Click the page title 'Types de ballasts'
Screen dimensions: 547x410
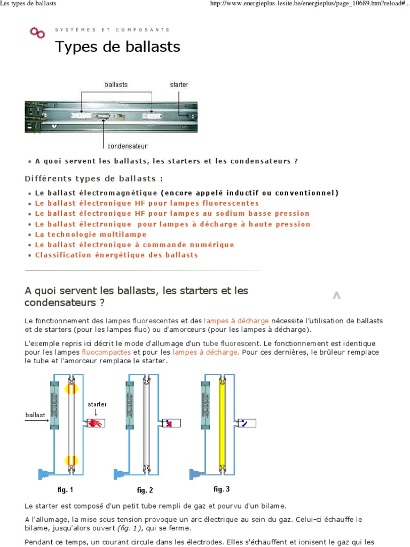tap(117, 47)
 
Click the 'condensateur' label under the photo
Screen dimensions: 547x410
tap(127, 145)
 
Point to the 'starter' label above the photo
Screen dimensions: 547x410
tap(178, 84)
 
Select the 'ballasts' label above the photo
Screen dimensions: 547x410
tap(116, 84)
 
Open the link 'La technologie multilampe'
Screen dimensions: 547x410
tap(91, 235)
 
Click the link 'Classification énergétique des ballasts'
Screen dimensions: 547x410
tap(116, 255)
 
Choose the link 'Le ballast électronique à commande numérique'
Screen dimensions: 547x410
tap(135, 245)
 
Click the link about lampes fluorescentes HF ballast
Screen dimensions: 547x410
tap(147, 204)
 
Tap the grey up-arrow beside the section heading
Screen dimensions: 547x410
tap(336, 295)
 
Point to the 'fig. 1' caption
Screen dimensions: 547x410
tap(65, 489)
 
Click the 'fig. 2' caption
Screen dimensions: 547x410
tap(145, 490)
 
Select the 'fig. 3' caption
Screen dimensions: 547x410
tap(222, 489)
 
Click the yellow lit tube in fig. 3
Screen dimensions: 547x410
tap(223, 422)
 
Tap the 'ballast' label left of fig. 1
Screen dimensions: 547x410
tap(35, 414)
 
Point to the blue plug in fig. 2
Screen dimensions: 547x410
tap(119, 473)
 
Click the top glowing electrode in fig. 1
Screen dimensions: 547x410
tap(71, 388)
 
